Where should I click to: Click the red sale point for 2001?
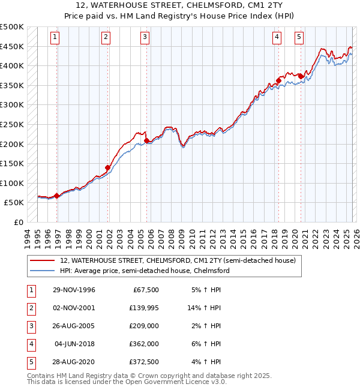coord(108,168)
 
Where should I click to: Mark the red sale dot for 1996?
coord(57,196)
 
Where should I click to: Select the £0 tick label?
coord(17,222)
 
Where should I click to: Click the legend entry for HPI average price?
coord(145,271)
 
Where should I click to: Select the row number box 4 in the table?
coord(31,344)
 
